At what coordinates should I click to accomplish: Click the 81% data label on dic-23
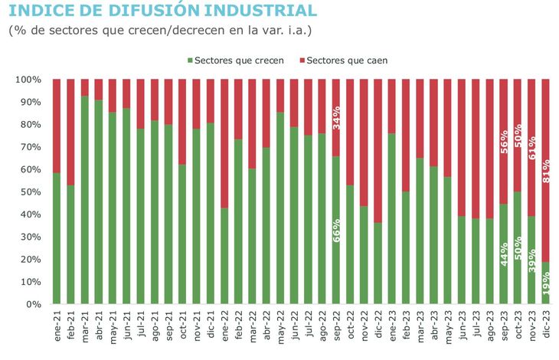pos(545,172)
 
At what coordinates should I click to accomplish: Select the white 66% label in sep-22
pos(336,230)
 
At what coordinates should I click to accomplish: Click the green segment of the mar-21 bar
pos(85,199)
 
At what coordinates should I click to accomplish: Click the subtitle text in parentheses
pos(160,31)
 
